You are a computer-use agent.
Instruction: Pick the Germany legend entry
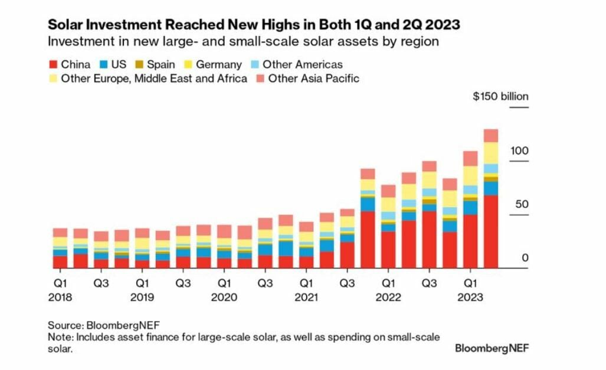tap(218, 65)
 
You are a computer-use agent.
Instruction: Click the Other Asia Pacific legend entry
tap(313, 78)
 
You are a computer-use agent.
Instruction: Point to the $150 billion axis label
tap(500, 97)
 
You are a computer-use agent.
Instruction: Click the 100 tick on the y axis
tap(520, 151)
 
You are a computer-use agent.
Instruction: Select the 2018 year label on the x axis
tap(60, 297)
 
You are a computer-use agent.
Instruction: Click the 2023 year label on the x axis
tap(470, 297)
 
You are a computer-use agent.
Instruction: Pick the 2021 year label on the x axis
tap(306, 297)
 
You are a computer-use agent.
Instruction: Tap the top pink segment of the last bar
tap(490, 136)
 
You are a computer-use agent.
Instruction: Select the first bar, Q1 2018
tap(60, 248)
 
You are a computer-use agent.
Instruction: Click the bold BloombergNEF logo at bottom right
tap(492, 348)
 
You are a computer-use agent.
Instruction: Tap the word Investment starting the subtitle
tap(76, 42)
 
